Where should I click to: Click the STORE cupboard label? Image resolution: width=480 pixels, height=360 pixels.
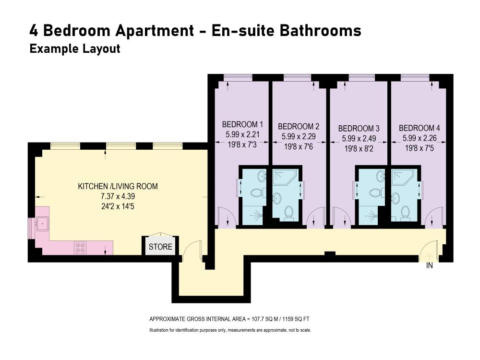(x=160, y=246)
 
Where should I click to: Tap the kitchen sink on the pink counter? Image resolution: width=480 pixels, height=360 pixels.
(x=42, y=224)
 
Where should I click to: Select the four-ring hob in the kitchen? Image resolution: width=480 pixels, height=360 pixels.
(x=81, y=248)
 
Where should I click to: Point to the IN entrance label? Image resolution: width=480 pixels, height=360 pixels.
(x=430, y=266)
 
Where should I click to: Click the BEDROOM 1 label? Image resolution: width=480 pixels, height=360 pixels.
(x=242, y=125)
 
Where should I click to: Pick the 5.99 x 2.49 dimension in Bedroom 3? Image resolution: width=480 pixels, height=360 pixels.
(x=359, y=138)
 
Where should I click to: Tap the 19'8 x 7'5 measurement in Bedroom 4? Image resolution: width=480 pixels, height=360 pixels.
(x=420, y=148)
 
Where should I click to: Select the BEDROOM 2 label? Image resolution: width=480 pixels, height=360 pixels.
(x=299, y=126)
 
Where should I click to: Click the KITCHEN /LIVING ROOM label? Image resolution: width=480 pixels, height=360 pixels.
(x=118, y=186)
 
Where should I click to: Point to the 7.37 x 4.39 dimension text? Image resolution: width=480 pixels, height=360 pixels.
(x=118, y=196)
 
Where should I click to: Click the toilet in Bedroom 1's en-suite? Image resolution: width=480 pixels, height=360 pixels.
(x=256, y=193)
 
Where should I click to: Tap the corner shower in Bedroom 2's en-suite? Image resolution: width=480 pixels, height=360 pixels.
(x=284, y=178)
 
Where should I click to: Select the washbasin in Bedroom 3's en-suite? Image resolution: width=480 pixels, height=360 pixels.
(x=380, y=176)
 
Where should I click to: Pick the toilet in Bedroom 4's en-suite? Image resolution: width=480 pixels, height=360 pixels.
(x=405, y=213)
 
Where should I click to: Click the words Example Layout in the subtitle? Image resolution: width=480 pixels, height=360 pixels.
(x=75, y=49)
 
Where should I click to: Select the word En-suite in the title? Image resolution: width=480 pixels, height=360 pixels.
(x=243, y=31)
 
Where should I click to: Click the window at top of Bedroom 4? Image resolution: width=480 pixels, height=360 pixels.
(x=415, y=77)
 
